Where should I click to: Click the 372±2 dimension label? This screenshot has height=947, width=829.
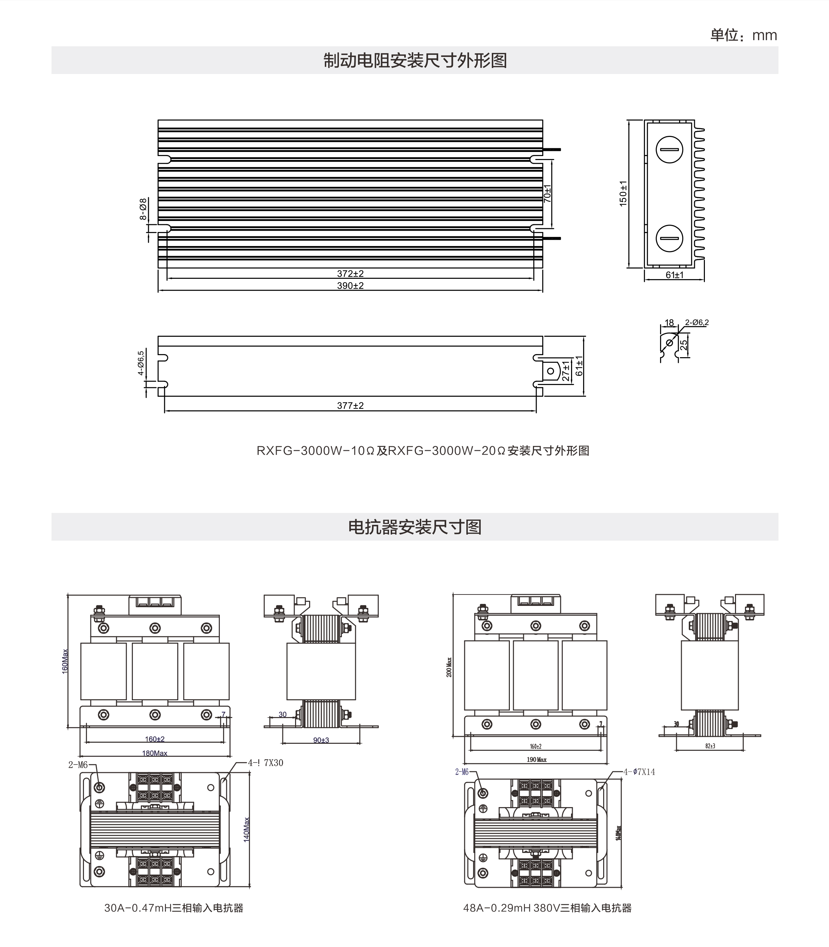(350, 273)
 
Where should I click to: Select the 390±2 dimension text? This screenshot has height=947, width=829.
(350, 286)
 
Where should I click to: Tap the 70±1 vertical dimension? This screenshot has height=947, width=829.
(547, 193)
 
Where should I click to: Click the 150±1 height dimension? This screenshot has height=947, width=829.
(623, 193)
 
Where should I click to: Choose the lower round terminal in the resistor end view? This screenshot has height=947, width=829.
(669, 238)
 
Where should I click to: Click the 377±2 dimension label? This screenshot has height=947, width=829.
(350, 405)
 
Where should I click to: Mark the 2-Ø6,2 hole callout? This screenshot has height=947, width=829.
(697, 323)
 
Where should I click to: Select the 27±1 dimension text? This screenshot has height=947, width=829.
(566, 371)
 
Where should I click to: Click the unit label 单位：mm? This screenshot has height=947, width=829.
(743, 35)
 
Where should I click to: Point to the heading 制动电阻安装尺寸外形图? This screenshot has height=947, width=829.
(414, 60)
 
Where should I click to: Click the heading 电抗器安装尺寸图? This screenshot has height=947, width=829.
(414, 527)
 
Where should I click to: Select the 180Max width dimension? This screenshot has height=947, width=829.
(155, 753)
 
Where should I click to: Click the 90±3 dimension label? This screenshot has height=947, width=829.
(321, 740)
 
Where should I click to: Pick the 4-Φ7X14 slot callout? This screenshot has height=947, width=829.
(639, 772)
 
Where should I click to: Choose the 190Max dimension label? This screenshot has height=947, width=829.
(537, 760)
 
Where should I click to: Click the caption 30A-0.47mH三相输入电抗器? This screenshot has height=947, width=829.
(174, 907)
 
